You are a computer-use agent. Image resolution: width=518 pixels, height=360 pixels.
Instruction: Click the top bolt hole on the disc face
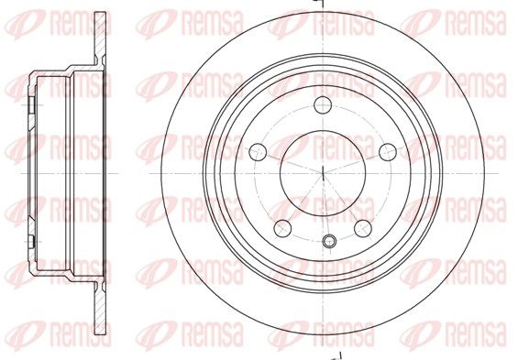(x=323, y=105)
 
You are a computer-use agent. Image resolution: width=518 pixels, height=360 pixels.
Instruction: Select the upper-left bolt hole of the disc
(x=258, y=152)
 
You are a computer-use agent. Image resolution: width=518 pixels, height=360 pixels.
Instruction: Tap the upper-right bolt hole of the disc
(x=388, y=152)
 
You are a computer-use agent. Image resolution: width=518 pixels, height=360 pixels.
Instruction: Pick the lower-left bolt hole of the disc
(x=282, y=228)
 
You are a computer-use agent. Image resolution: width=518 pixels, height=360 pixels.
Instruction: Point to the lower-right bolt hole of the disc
(x=363, y=228)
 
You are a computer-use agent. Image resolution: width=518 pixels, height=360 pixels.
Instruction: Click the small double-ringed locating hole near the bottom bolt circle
(x=329, y=241)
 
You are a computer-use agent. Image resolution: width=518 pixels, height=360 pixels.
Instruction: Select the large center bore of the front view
(x=323, y=173)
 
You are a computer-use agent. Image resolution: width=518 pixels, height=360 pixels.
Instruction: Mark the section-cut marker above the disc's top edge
(x=321, y=4)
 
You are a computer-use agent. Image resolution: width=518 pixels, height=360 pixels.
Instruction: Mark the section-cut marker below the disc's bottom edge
(x=337, y=356)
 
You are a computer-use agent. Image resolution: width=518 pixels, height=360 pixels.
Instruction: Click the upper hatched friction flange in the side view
(x=101, y=37)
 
